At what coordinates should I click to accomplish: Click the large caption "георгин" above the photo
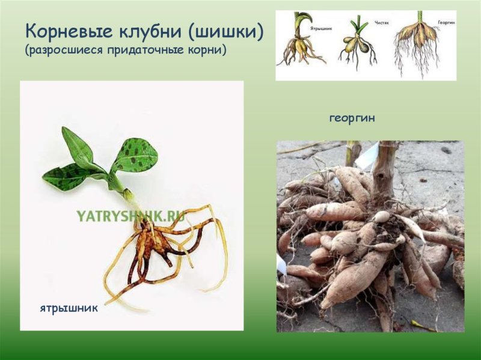(352, 118)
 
